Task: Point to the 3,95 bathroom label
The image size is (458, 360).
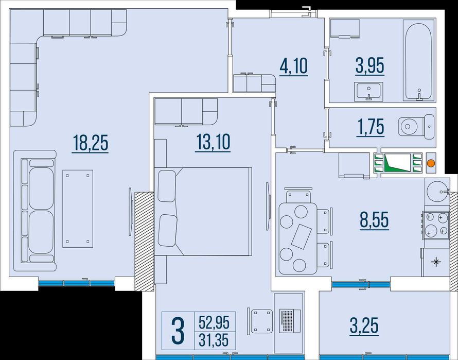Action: (370, 65)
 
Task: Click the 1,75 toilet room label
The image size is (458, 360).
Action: (371, 127)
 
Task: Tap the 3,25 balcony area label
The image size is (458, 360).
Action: (364, 325)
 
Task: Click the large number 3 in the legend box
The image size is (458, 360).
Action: (178, 331)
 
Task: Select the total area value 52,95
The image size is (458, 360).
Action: (214, 322)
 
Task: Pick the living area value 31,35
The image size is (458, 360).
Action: (214, 340)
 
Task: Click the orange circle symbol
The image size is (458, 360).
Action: (431, 163)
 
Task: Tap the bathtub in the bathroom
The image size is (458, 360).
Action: (418, 61)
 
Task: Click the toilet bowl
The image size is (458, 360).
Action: (416, 127)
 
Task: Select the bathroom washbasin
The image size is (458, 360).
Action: (368, 91)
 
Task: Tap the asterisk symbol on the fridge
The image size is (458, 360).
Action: (436, 262)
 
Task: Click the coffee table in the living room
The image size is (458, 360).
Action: (78, 209)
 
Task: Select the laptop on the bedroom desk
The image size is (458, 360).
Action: (289, 321)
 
